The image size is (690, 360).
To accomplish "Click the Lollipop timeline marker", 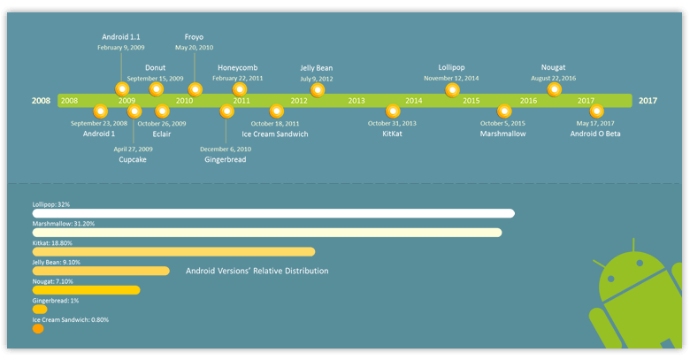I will [453, 89].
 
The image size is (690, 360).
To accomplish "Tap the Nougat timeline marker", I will [555, 89].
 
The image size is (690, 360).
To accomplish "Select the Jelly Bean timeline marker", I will [318, 89].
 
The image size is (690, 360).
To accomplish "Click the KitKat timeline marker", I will [393, 111].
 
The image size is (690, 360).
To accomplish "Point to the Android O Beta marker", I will [596, 111].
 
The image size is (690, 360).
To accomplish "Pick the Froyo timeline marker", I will [195, 89].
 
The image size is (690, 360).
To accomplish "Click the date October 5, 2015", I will [502, 124].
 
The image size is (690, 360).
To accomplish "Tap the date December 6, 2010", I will [225, 149].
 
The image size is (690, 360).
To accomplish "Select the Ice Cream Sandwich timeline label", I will [275, 134].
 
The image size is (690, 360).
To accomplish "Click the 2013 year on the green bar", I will [356, 101].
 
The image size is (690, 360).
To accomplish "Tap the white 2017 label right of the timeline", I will [648, 101].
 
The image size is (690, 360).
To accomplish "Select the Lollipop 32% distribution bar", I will [273, 213].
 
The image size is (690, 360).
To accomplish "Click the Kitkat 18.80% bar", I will [173, 252].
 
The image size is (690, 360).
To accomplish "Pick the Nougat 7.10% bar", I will [86, 290].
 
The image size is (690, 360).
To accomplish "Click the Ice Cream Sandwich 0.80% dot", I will [38, 329].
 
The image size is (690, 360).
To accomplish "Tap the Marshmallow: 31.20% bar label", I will [65, 224].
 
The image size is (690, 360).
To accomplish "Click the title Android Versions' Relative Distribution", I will [257, 271].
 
